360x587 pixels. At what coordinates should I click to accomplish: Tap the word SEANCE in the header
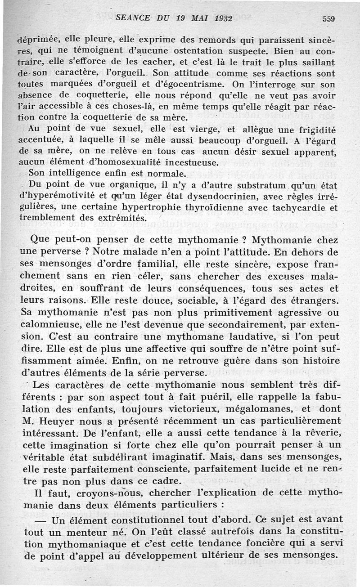[133, 18]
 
